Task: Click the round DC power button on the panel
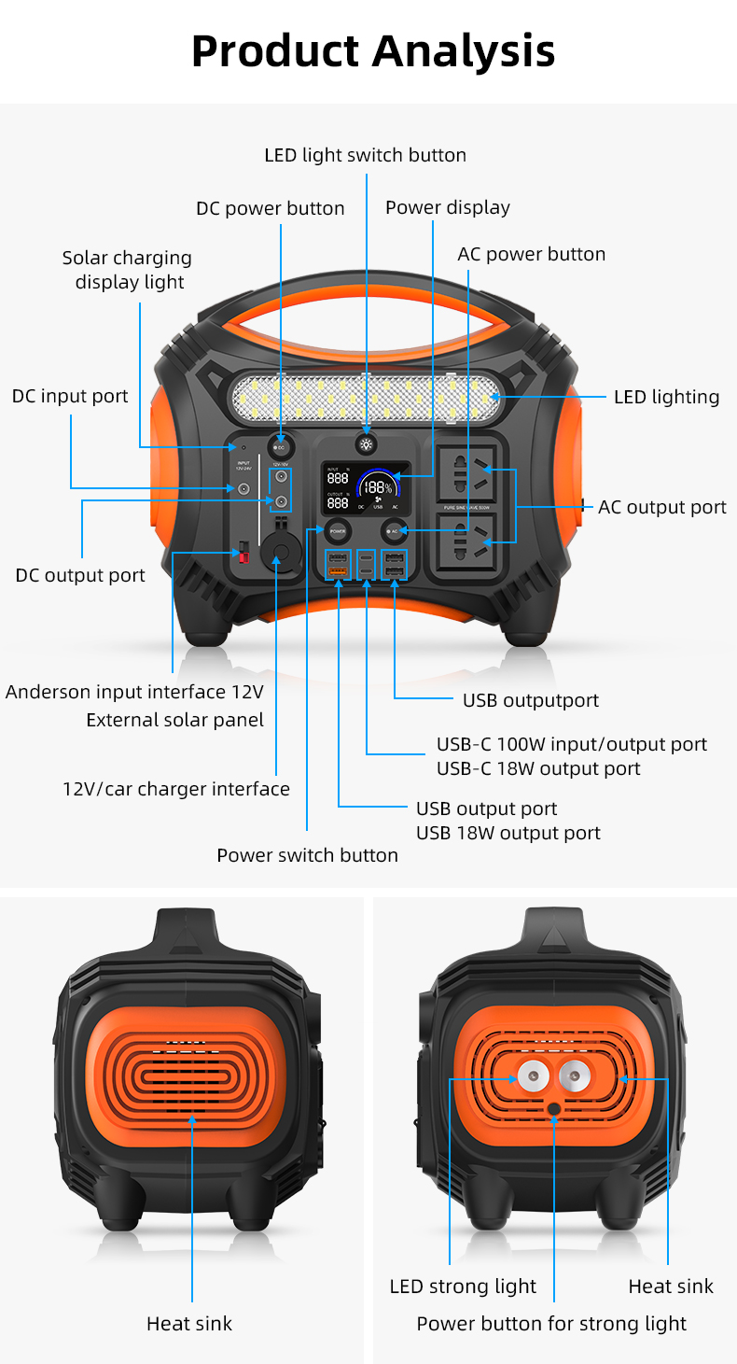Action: (x=280, y=447)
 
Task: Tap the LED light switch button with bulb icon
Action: (x=367, y=445)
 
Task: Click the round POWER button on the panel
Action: (x=337, y=530)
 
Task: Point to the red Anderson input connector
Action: (x=244, y=552)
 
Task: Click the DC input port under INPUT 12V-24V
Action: (x=243, y=488)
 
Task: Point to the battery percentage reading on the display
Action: (x=377, y=487)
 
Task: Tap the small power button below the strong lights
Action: (x=554, y=1108)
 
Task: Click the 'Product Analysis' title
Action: (x=372, y=50)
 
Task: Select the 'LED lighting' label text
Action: (x=666, y=397)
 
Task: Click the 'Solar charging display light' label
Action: (x=128, y=270)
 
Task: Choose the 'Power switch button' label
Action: (x=307, y=855)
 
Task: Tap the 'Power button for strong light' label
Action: (x=551, y=1324)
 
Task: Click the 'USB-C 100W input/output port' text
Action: (x=572, y=744)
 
